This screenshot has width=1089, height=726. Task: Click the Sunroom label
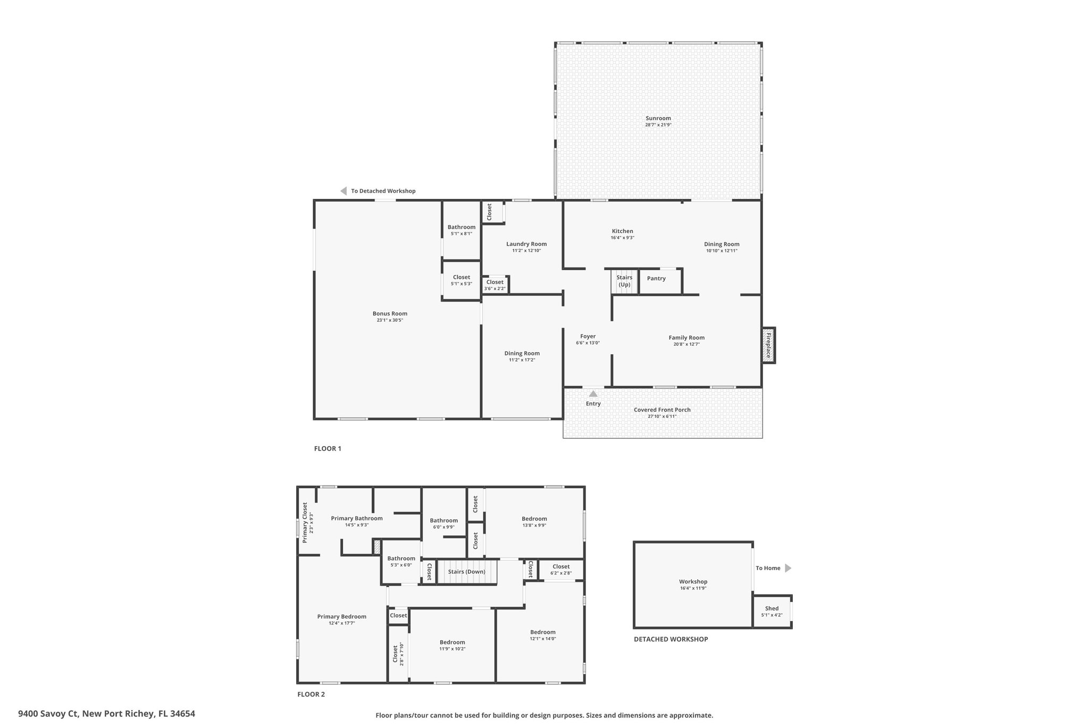point(658,118)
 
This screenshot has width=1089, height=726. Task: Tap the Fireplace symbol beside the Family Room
point(768,345)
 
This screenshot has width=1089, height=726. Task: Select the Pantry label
point(656,278)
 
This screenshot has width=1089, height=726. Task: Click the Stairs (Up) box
point(624,281)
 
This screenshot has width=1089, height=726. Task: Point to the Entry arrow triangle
point(593,394)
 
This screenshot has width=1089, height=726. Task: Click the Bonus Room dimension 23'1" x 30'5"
point(390,320)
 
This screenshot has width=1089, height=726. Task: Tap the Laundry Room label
point(526,244)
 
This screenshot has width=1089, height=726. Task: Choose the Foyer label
point(588,336)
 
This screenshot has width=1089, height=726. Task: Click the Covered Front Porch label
point(662,410)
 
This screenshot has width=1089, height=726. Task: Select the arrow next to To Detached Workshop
point(344,191)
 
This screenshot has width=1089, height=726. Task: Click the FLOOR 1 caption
point(328,448)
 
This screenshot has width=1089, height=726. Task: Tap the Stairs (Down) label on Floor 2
point(466,572)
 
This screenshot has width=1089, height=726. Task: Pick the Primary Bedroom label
point(342,616)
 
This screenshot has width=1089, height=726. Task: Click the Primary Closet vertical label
point(305,523)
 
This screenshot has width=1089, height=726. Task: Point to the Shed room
point(772,612)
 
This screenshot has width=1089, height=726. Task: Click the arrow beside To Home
point(788,568)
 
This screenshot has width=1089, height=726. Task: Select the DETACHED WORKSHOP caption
point(671,639)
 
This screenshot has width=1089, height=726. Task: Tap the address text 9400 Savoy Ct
point(49,714)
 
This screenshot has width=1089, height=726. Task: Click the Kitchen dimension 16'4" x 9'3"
point(622,238)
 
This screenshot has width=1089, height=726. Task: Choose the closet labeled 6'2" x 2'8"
point(562,569)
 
